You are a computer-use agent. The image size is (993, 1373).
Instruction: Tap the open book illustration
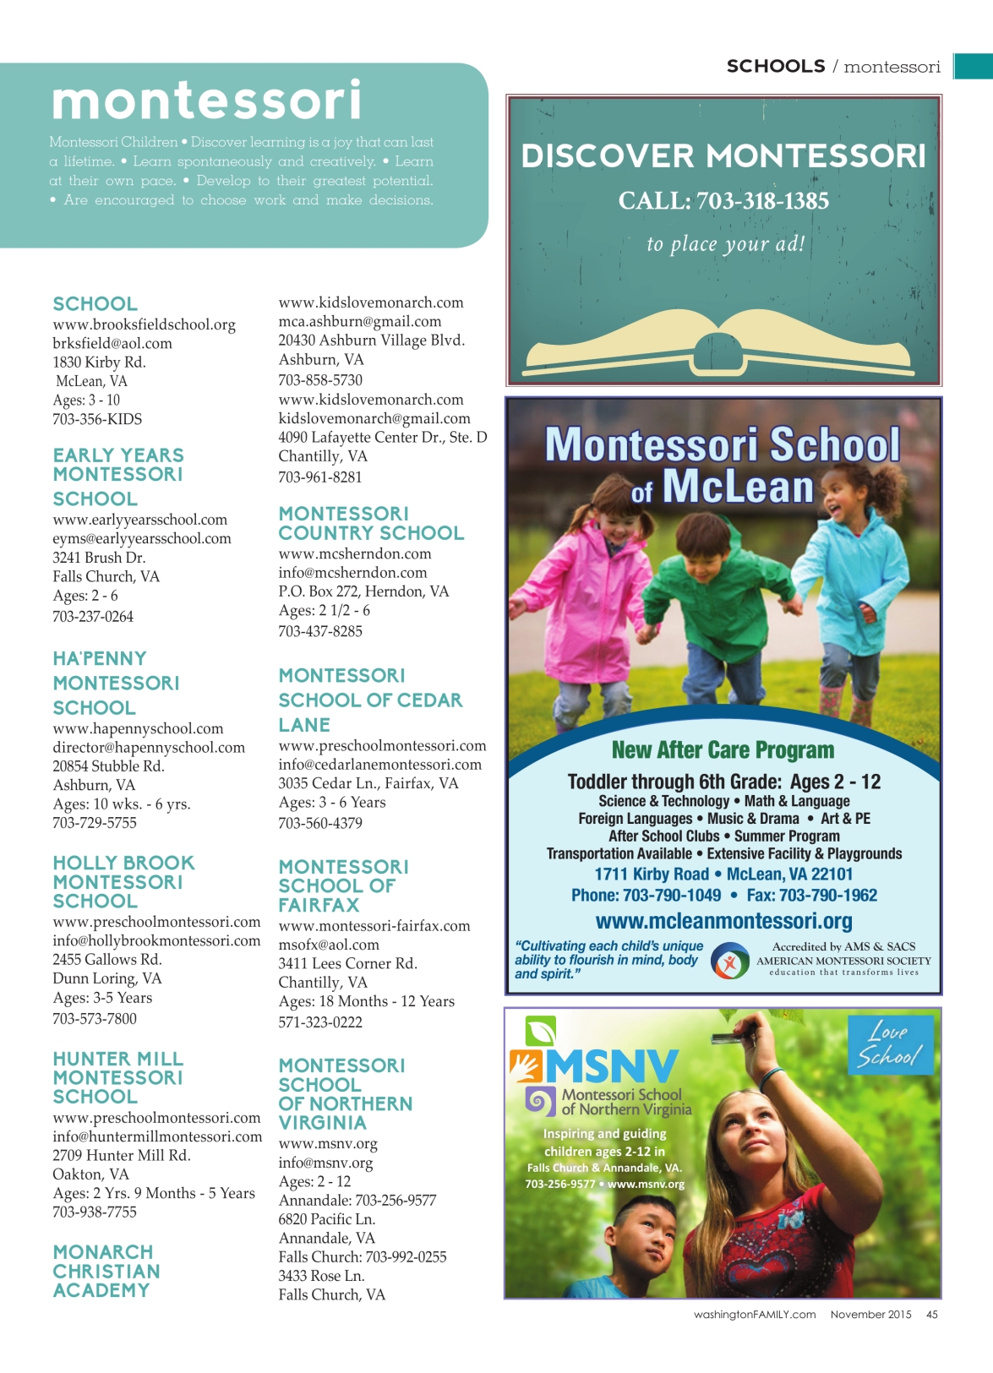coord(723,343)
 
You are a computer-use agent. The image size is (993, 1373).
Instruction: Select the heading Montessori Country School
coord(371,524)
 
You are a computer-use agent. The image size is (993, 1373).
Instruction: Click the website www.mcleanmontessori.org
coord(723,921)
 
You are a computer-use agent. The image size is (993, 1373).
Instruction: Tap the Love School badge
coord(890,1045)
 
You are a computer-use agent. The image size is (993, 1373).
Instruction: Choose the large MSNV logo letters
coord(611,1066)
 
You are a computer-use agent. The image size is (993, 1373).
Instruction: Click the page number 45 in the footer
coord(931,1315)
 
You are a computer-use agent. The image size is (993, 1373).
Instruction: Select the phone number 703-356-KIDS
coord(97,419)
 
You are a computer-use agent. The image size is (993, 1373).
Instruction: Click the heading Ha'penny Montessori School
coord(116,683)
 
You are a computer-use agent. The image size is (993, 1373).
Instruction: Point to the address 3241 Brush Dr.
coord(99,558)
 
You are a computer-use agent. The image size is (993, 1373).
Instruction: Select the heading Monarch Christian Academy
coord(106,1271)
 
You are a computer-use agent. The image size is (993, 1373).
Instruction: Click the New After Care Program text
coord(723,750)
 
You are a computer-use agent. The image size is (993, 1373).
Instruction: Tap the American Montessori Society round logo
coord(729,962)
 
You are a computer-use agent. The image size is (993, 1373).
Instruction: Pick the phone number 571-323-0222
coord(320,1022)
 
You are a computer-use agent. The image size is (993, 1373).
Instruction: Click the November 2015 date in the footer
coord(870,1315)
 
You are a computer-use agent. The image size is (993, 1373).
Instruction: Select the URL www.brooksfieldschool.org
coord(144,324)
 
